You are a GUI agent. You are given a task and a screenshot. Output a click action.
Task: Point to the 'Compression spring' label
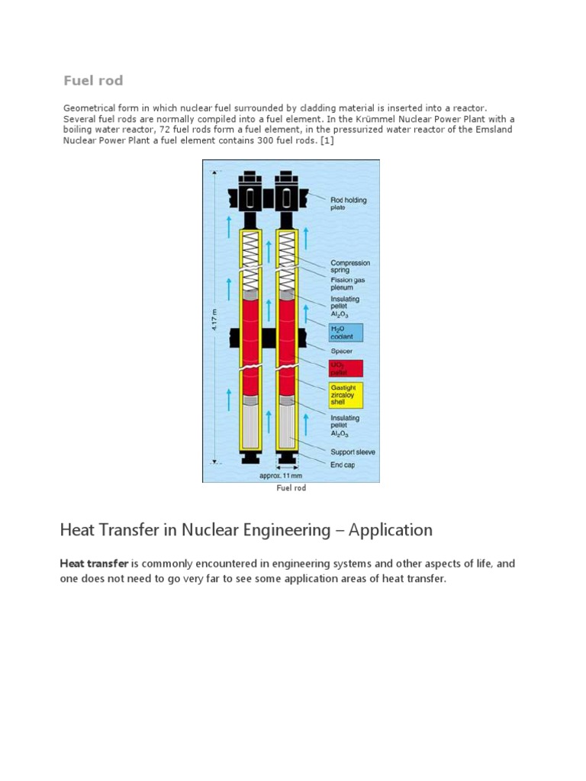click(349, 266)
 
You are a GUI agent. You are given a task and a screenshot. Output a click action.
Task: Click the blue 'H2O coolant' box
click(345, 333)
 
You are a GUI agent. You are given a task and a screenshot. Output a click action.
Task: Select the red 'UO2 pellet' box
click(345, 368)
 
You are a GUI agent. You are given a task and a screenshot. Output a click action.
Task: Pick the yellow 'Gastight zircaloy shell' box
click(345, 395)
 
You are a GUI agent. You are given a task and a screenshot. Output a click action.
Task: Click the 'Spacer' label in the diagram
click(341, 352)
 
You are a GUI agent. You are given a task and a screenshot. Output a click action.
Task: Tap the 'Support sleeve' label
click(352, 452)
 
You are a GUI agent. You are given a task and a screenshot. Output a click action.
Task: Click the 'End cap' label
click(343, 464)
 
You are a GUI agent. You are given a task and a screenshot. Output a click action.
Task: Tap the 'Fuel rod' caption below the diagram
click(291, 488)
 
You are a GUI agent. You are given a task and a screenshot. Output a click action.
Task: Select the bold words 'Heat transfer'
click(94, 564)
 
